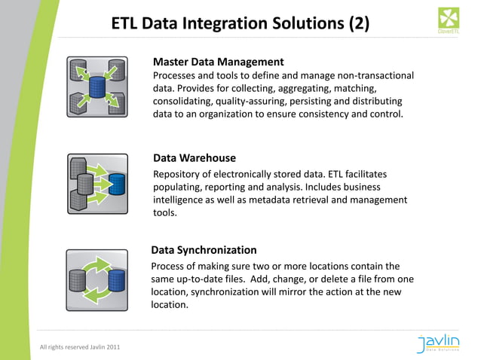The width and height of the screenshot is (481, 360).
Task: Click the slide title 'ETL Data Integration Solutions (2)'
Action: pos(240,23)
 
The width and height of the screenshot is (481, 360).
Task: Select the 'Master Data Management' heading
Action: pos(218,62)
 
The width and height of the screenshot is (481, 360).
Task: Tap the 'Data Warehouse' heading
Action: pos(195,158)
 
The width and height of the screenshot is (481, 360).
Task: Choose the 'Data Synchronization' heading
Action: pos(204,250)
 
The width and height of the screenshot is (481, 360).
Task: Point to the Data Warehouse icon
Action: pos(97,184)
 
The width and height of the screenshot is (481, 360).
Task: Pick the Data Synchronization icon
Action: pos(97,279)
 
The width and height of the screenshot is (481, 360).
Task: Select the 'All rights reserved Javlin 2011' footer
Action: pos(79,346)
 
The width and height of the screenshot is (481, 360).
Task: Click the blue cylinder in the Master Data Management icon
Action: pos(97,86)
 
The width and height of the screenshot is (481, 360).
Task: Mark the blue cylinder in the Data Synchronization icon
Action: pos(115,280)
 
